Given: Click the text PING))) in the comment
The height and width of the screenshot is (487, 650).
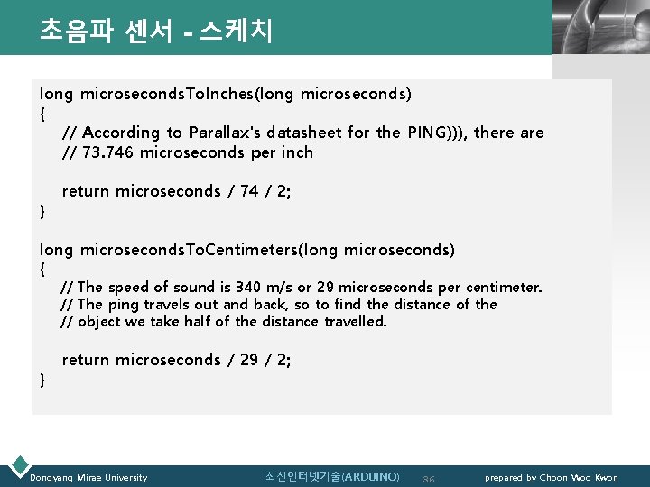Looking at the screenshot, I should tap(437, 133).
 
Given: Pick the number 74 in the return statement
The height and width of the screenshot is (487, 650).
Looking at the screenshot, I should tap(250, 191).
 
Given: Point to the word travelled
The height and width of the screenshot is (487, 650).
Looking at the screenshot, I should tap(355, 321).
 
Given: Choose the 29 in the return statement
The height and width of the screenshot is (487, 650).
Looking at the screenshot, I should tap(249, 360).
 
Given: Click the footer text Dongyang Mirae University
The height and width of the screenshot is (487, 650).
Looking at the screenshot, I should tap(88, 477).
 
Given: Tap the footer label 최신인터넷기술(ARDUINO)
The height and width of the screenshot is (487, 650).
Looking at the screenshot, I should tap(332, 476).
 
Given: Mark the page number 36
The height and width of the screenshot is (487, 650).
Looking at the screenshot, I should tap(429, 478).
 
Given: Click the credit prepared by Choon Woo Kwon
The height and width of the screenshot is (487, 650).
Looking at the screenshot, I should tap(552, 477).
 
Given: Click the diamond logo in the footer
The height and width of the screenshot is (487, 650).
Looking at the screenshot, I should tap(17, 465).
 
